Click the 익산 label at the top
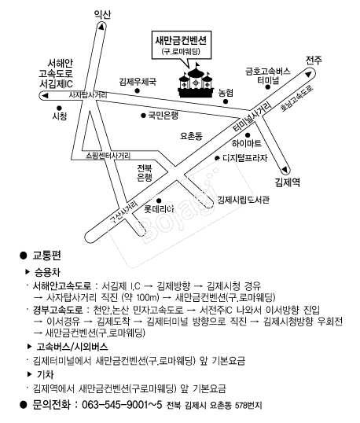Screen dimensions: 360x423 [x=102, y=14]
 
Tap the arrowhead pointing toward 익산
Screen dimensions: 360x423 [x=101, y=27]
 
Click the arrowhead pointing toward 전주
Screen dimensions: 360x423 [x=308, y=74]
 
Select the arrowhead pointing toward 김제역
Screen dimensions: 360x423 [x=285, y=170]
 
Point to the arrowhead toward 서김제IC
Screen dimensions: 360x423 [x=45, y=95]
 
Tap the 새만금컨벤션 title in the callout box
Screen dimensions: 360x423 [x=181, y=40]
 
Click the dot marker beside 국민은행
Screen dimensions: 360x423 [x=143, y=116]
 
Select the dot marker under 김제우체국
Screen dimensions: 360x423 [x=138, y=90]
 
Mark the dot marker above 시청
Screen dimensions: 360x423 [x=59, y=109]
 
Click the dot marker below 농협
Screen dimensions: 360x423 [x=226, y=101]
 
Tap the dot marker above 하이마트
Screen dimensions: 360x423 [x=248, y=135]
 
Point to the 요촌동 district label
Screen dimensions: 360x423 [x=191, y=136]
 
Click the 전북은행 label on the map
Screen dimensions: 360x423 [x=145, y=173]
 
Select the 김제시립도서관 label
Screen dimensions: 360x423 [x=243, y=200]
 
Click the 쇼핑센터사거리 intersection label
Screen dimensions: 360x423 [x=108, y=156]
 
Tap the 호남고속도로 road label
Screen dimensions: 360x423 [x=296, y=98]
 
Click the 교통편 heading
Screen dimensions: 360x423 [x=46, y=255]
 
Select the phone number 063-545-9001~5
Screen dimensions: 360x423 [x=122, y=405]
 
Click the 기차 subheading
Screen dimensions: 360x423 [x=45, y=374]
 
